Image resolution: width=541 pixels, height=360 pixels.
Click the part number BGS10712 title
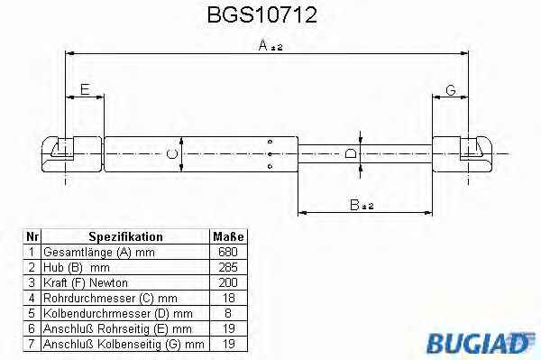click(261, 15)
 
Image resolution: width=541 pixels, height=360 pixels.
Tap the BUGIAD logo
click(480, 342)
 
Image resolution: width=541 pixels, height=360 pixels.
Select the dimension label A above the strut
click(270, 45)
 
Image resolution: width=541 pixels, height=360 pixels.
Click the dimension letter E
click(85, 89)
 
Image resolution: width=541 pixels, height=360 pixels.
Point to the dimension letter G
click(451, 90)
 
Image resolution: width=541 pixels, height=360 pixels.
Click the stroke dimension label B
click(362, 205)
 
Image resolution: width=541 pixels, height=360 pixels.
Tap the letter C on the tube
click(171, 153)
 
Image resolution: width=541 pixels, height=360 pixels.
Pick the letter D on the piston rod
click(351, 153)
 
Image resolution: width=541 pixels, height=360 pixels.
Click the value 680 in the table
click(228, 252)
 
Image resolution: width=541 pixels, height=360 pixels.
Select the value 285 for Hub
click(228, 267)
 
